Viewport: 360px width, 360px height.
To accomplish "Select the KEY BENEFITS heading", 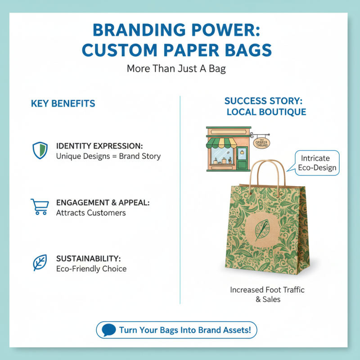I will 63,103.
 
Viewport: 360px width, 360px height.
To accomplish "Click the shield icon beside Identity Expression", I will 40,150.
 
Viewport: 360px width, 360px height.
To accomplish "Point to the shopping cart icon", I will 39,207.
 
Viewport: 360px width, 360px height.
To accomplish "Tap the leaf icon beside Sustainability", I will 40,262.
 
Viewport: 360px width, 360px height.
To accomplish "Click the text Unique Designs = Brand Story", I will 108,157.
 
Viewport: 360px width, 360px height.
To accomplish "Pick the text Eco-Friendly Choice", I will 91,269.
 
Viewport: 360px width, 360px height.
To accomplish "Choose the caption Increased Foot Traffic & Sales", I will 267,294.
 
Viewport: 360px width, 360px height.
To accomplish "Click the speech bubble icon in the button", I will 109,330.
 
